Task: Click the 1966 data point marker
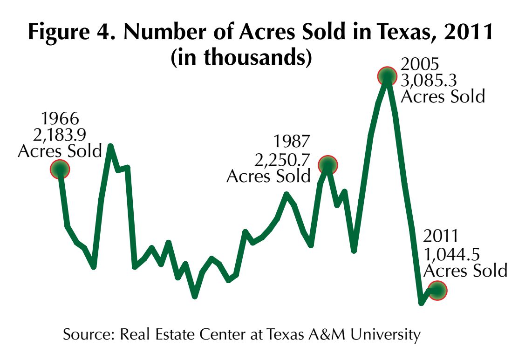(x=60, y=169)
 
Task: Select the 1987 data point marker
(x=328, y=164)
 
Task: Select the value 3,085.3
(x=429, y=80)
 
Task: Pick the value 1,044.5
(x=451, y=254)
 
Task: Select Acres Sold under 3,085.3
(x=443, y=96)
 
